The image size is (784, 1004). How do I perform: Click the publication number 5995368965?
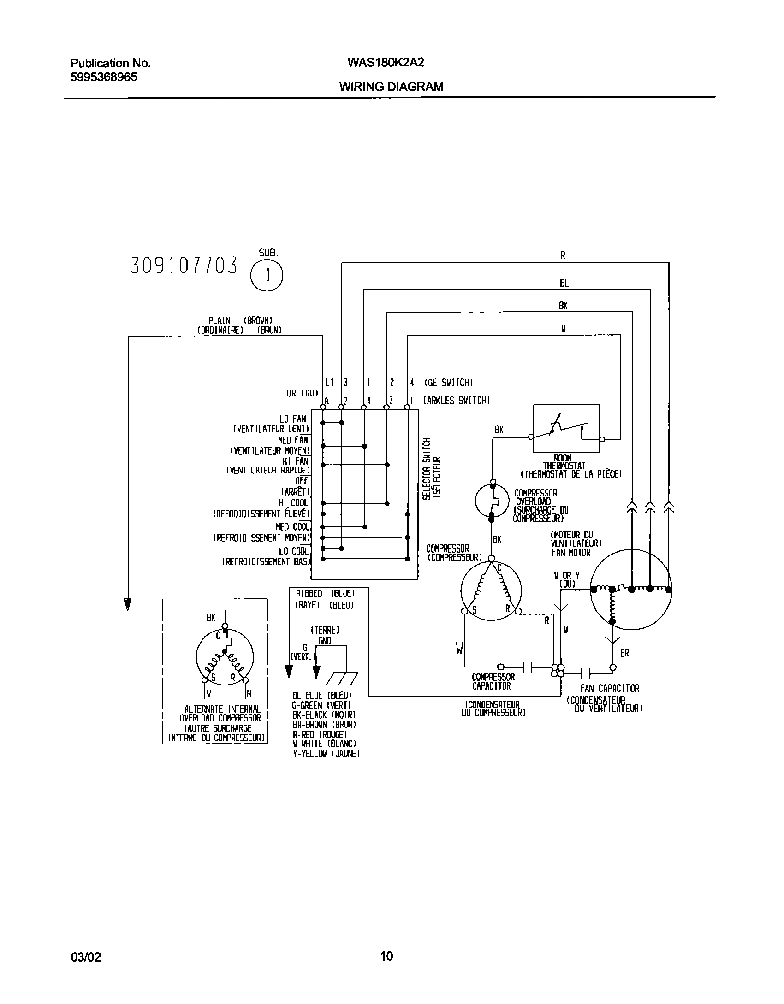coord(104,77)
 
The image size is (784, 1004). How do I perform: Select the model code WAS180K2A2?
coord(381,63)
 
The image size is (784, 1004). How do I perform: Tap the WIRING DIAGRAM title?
coord(391,87)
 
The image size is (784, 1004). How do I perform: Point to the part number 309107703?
coord(184,266)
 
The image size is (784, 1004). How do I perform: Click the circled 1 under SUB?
coord(267,276)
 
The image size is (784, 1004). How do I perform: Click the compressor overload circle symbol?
coord(492,500)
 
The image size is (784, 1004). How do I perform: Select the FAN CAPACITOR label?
coord(610,688)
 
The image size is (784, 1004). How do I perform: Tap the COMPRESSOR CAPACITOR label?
coord(493,681)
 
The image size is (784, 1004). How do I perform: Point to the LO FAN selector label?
coord(292,419)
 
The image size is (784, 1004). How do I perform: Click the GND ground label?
coord(325,640)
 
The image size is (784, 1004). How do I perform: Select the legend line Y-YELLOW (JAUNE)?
coord(326,754)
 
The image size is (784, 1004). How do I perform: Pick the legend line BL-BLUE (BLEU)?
coord(322,696)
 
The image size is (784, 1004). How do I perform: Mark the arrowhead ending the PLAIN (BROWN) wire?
coord(128,604)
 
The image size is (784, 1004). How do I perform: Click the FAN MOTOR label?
coord(570,552)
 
